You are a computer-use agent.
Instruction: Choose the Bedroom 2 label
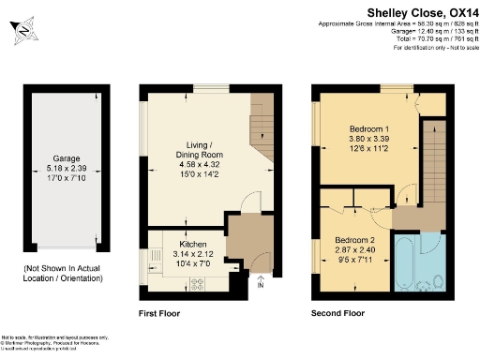(355, 240)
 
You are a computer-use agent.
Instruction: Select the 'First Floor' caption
(158, 312)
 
